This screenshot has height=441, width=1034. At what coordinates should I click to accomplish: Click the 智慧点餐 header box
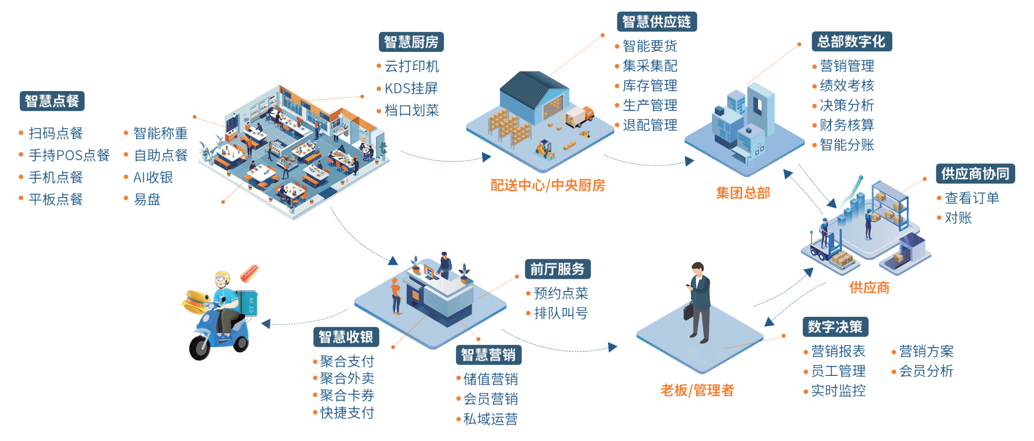coord(52,101)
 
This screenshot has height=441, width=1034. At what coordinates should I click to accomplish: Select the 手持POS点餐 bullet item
coord(69,155)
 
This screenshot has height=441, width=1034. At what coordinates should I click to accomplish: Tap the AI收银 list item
coord(153,177)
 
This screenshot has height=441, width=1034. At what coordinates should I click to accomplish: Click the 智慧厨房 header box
coord(411,42)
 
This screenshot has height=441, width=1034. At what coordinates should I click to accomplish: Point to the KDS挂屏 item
coord(411,88)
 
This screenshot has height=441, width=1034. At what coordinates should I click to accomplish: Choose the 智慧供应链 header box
coord(656,22)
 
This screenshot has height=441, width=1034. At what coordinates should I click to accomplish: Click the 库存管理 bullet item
coord(650,86)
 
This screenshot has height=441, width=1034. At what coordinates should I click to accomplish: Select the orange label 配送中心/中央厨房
coord(548,185)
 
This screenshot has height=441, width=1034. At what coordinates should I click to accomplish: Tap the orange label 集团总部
coord(743,193)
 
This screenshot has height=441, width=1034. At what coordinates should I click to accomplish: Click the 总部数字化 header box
coord(851,41)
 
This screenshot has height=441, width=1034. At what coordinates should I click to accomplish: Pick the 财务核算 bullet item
coord(847,125)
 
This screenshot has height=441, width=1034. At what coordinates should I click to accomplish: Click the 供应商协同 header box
coord(975,174)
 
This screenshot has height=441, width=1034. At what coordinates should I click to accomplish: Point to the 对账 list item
coord(958,218)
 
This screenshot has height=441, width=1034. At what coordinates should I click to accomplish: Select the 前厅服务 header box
coord(557,269)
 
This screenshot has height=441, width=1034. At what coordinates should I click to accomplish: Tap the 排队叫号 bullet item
coord(561,314)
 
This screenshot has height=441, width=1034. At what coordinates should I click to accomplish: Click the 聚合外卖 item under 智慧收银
coord(347,379)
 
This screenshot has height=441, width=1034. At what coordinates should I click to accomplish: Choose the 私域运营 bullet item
coord(490,419)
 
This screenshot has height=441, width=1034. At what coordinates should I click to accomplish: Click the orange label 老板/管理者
coord(697,390)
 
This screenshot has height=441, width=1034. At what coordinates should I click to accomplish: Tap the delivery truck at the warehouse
coord(579,116)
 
